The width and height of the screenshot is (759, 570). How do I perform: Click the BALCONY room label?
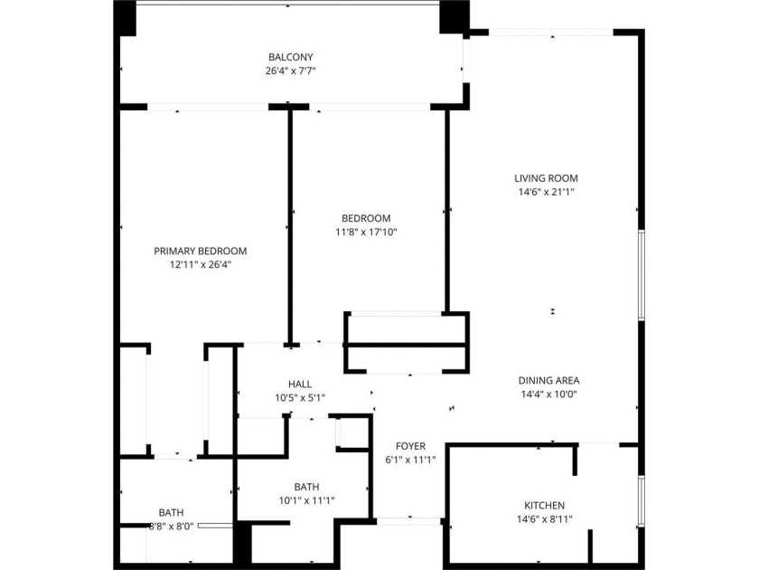(291, 57)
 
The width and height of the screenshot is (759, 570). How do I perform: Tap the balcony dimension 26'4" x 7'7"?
(290, 71)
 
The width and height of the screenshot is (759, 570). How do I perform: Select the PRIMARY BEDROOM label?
(201, 252)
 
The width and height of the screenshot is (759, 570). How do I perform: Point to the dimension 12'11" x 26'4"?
(201, 264)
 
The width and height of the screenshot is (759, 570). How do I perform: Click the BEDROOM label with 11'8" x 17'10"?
(366, 219)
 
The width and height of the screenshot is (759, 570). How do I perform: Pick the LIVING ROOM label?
(546, 178)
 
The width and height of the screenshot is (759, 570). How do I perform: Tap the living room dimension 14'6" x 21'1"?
(546, 192)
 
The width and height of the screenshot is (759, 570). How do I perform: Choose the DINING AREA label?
(549, 381)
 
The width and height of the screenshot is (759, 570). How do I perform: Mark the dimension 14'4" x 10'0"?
(549, 394)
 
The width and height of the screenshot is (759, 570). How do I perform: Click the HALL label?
(300, 385)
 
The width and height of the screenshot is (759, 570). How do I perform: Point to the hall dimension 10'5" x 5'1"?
(300, 398)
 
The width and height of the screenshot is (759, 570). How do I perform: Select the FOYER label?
(410, 446)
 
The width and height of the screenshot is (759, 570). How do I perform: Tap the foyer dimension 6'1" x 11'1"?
(410, 460)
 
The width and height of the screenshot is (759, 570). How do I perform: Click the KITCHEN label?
(545, 506)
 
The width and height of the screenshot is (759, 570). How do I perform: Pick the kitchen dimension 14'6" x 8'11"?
(545, 519)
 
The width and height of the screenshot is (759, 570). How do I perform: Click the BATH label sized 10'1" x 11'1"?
(306, 487)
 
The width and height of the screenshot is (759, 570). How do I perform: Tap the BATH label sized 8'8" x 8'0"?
(172, 512)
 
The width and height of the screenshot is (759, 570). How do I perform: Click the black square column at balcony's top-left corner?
(125, 18)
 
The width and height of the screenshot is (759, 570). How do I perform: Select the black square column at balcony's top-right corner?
(454, 17)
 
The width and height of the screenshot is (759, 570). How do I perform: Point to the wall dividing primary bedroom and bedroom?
(290, 226)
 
